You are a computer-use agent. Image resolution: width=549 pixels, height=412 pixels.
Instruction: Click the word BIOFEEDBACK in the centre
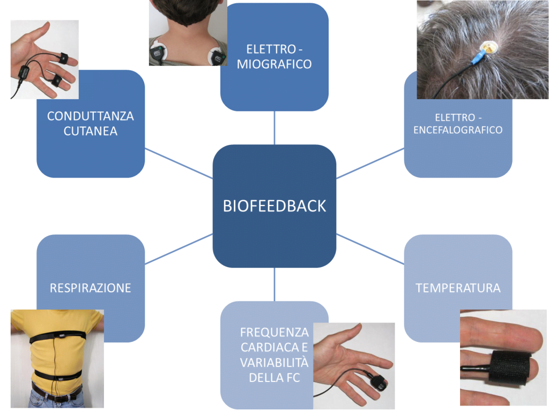(x=274, y=206)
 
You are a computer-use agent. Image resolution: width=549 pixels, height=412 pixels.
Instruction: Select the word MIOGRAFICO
(x=274, y=64)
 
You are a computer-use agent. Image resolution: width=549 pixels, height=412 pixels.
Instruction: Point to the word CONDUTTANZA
(x=90, y=116)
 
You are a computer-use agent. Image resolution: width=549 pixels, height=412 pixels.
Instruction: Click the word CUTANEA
(x=90, y=131)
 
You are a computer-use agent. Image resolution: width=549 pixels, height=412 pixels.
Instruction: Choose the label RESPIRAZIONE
(x=90, y=288)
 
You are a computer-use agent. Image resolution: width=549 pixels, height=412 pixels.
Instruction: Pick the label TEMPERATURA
(x=458, y=288)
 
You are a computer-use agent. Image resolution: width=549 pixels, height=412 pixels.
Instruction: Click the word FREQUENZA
(x=274, y=332)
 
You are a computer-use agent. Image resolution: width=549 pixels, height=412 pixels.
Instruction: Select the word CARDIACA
(x=274, y=347)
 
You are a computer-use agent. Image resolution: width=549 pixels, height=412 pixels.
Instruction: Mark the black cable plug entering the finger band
(x=474, y=369)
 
